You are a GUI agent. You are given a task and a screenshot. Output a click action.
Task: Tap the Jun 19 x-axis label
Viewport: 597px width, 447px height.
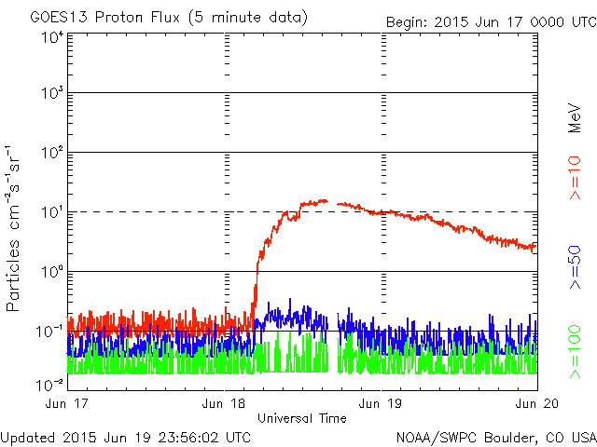coord(381,404)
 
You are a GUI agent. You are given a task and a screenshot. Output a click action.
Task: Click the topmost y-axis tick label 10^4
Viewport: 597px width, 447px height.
coord(51,37)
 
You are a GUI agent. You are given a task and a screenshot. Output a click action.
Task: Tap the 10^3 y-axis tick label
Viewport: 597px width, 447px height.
coord(51,94)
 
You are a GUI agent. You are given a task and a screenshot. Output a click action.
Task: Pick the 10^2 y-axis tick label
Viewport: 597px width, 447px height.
coord(51,154)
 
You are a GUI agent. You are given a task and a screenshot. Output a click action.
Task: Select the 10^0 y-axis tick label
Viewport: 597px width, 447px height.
coord(51,273)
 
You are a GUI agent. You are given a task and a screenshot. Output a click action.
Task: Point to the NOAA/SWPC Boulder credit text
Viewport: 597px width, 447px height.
coord(495,437)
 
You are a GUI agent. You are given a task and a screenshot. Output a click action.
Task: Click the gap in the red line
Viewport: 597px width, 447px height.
coord(332,202)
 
